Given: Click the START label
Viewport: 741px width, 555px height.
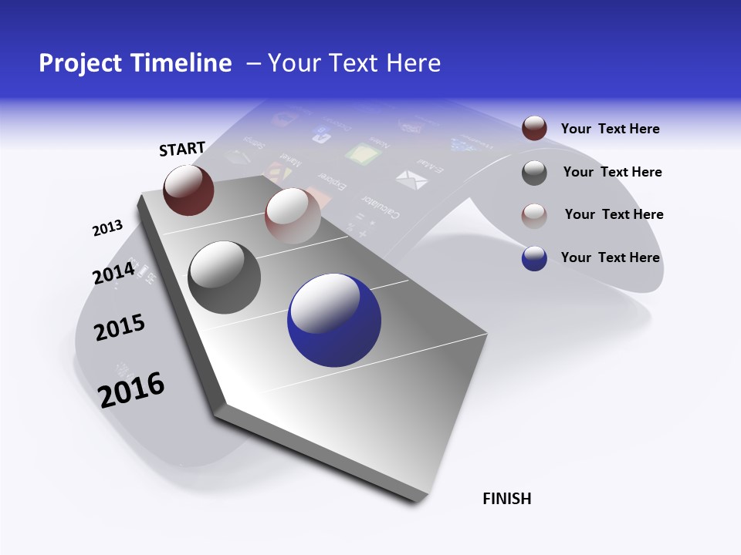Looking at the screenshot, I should [182, 149].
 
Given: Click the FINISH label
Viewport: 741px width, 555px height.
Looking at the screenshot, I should [507, 499].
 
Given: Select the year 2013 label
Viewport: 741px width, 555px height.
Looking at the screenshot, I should [107, 228].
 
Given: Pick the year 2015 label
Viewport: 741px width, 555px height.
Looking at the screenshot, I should [120, 328].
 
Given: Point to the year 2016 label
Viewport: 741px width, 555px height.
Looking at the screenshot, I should [131, 389].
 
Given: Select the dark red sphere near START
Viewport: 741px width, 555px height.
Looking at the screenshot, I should [189, 190].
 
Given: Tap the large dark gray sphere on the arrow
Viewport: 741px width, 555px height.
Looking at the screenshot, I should [225, 277].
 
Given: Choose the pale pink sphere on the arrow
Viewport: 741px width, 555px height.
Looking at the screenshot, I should [293, 216].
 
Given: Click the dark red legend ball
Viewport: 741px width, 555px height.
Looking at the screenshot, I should [534, 129].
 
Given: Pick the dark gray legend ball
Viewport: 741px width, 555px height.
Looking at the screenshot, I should [534, 173].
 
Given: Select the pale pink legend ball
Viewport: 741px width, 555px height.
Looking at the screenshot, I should [534, 215].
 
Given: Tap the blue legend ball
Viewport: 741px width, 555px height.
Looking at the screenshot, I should [534, 258].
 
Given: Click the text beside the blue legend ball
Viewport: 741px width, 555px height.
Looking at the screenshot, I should [611, 257].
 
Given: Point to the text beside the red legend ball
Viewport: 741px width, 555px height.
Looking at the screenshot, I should [611, 129].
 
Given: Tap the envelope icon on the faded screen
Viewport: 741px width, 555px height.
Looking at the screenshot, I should [411, 179].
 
